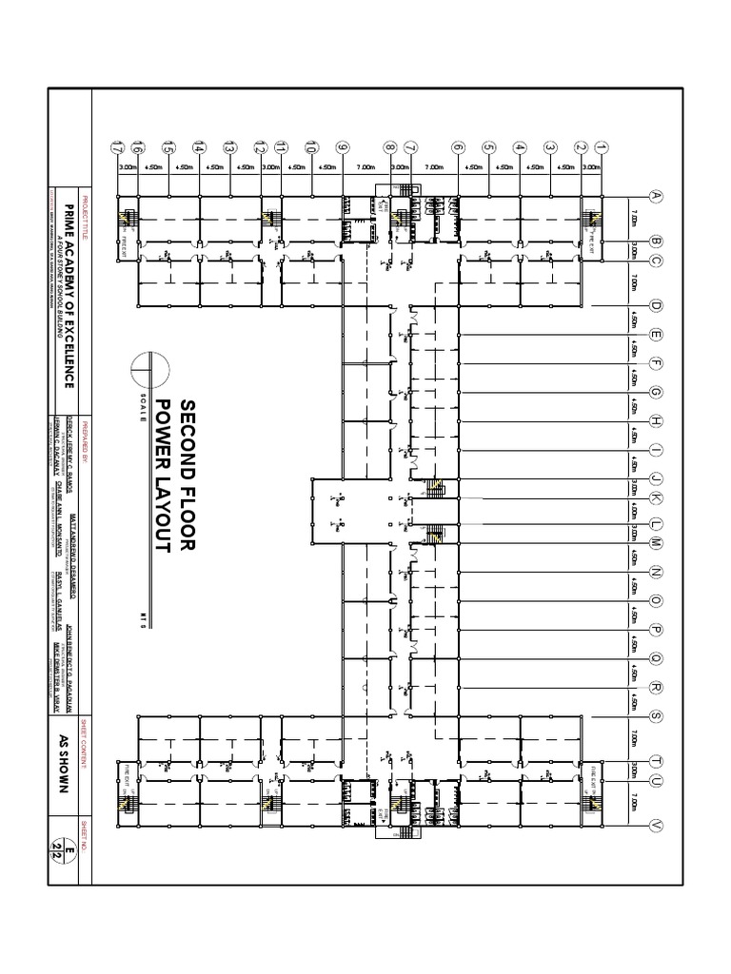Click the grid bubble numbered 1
click(601, 147)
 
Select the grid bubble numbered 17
click(117, 147)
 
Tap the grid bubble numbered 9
click(343, 147)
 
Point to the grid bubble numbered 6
click(458, 147)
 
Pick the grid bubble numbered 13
click(229, 147)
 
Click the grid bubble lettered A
click(655, 197)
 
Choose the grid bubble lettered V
click(655, 826)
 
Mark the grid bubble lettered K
click(655, 499)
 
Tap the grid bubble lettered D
click(655, 306)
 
